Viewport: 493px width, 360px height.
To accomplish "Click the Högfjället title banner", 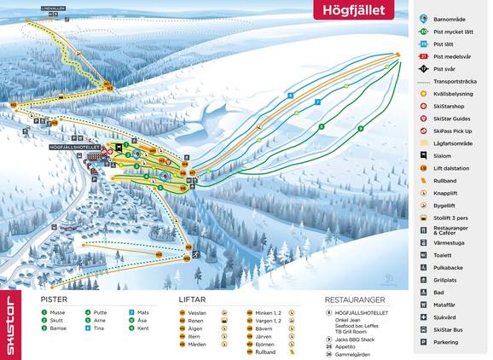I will coord(355,11).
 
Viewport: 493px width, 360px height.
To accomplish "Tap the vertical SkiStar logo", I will coord(11,324).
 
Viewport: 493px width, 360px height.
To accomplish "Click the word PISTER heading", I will coord(55,299).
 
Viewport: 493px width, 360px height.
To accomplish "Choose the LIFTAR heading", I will coord(193,299).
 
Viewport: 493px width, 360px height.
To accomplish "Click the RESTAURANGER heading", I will coord(354,299).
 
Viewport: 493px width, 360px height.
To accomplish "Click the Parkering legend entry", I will coord(447,342).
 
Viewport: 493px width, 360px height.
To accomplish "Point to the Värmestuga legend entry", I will coord(449,241).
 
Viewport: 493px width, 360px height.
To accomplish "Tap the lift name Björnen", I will coord(266,343).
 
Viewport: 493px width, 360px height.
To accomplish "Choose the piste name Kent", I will coord(143,328).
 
